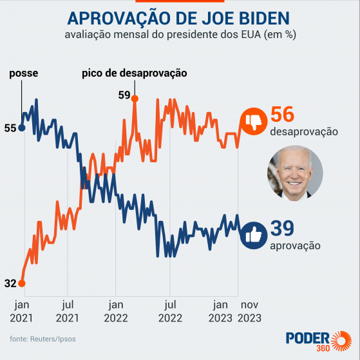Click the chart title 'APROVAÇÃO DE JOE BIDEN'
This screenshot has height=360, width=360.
pyautogui.click(x=179, y=17)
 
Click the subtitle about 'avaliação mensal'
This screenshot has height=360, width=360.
pyautogui.click(x=180, y=35)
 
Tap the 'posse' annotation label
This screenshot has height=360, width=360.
pyautogui.click(x=23, y=73)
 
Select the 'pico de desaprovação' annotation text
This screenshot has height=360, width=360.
pyautogui.click(x=134, y=73)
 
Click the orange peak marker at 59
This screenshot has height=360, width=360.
pyautogui.click(x=135, y=97)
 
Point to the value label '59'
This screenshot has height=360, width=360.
pyautogui.click(x=124, y=95)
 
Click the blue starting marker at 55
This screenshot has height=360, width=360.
pyautogui.click(x=22, y=128)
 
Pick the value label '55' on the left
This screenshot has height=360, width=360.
pyautogui.click(x=10, y=128)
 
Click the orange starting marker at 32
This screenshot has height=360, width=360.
pyautogui.click(x=22, y=283)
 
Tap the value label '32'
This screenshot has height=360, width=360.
pyautogui.click(x=10, y=283)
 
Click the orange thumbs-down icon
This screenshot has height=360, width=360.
pyautogui.click(x=253, y=120)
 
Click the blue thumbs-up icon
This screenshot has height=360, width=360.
pyautogui.click(x=253, y=234)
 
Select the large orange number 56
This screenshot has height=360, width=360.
pyautogui.click(x=282, y=115)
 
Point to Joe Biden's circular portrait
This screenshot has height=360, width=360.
pyautogui.click(x=295, y=173)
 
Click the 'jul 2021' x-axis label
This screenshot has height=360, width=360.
pyautogui.click(x=67, y=310)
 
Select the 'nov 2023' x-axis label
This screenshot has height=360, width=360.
pyautogui.click(x=249, y=310)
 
